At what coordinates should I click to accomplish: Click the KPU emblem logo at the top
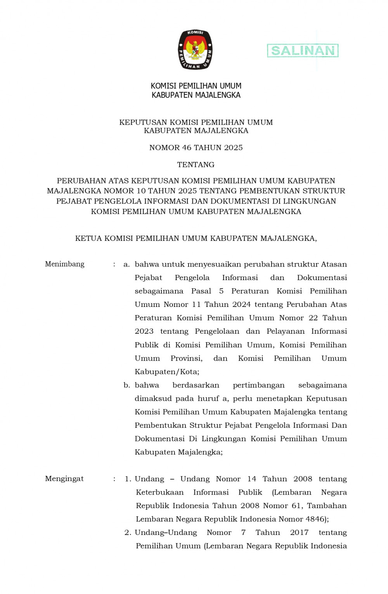point(195,50)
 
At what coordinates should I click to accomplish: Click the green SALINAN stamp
point(303,51)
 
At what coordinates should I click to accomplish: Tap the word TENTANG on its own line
point(196,165)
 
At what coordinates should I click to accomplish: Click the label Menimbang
point(64,264)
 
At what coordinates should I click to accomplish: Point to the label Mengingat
point(64,479)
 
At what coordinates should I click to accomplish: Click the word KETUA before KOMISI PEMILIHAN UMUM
point(88,239)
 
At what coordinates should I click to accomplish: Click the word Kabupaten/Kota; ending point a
point(167,372)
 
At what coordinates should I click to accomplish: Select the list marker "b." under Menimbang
point(126,385)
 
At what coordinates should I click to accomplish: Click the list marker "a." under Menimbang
point(126,264)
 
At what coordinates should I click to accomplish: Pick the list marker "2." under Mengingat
point(128,533)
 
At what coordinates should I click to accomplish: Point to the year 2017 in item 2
point(299,533)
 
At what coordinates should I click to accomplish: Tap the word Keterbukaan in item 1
point(159,492)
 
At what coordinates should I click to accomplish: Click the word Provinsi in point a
point(186,358)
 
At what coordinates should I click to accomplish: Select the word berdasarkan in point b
point(196,385)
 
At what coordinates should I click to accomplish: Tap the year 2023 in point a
point(144,331)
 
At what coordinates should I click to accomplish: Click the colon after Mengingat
point(114,479)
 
